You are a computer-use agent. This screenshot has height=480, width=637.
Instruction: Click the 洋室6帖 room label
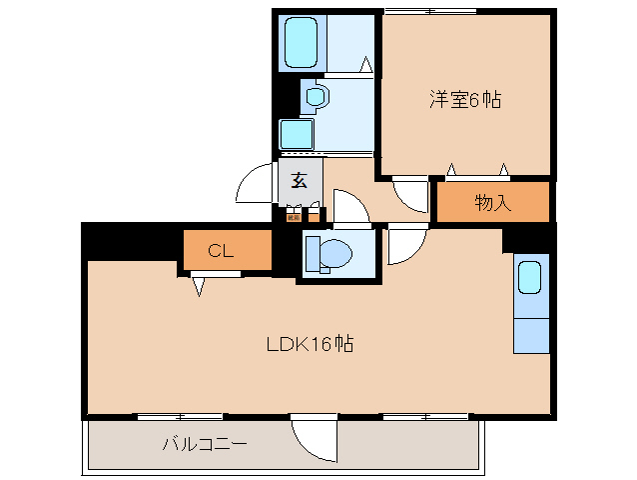click(x=465, y=100)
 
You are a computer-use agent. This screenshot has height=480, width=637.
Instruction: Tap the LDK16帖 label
click(x=310, y=345)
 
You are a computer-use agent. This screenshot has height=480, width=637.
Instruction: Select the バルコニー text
click(x=205, y=443)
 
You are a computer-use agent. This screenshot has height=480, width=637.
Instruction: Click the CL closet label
click(x=221, y=251)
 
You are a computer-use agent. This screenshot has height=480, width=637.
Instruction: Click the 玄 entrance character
click(x=299, y=181)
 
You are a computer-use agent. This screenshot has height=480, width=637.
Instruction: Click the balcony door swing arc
click(x=313, y=438)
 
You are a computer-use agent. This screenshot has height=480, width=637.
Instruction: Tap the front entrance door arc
click(x=253, y=185)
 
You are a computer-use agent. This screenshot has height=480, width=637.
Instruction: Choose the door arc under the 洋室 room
click(x=410, y=195)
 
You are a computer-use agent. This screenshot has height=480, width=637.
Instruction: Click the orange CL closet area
click(x=225, y=250)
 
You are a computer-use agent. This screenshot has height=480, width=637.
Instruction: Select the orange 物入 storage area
click(x=492, y=203)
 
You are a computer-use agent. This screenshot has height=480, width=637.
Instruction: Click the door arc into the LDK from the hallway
click(x=405, y=245)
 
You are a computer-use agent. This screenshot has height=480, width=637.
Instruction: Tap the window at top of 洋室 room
click(x=429, y=11)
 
